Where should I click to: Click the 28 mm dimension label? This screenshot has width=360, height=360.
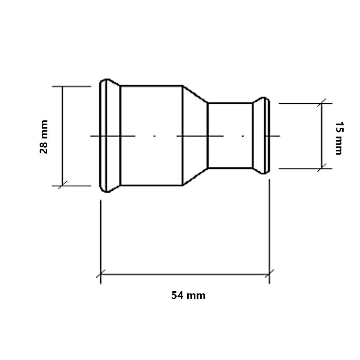click(44, 136)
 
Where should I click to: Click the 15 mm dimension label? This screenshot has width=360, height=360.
click(339, 138)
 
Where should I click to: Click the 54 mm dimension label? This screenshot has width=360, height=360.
click(189, 295)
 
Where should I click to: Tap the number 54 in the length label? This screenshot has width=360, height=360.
click(177, 295)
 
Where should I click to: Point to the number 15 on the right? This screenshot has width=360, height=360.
click(339, 127)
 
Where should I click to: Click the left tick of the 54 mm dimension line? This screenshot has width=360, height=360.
click(100, 274)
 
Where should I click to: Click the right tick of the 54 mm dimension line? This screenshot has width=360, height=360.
click(269, 274)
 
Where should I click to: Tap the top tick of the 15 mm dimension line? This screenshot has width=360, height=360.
click(321, 103)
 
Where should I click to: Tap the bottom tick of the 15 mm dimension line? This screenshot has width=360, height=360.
click(321, 168)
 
